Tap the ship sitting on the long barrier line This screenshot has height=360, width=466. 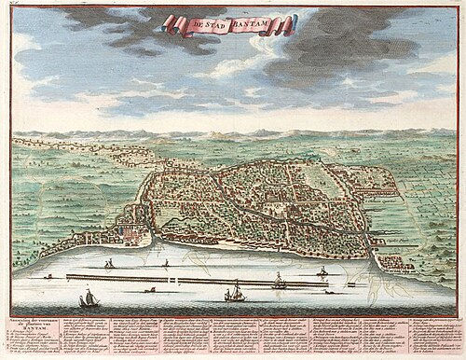322,272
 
